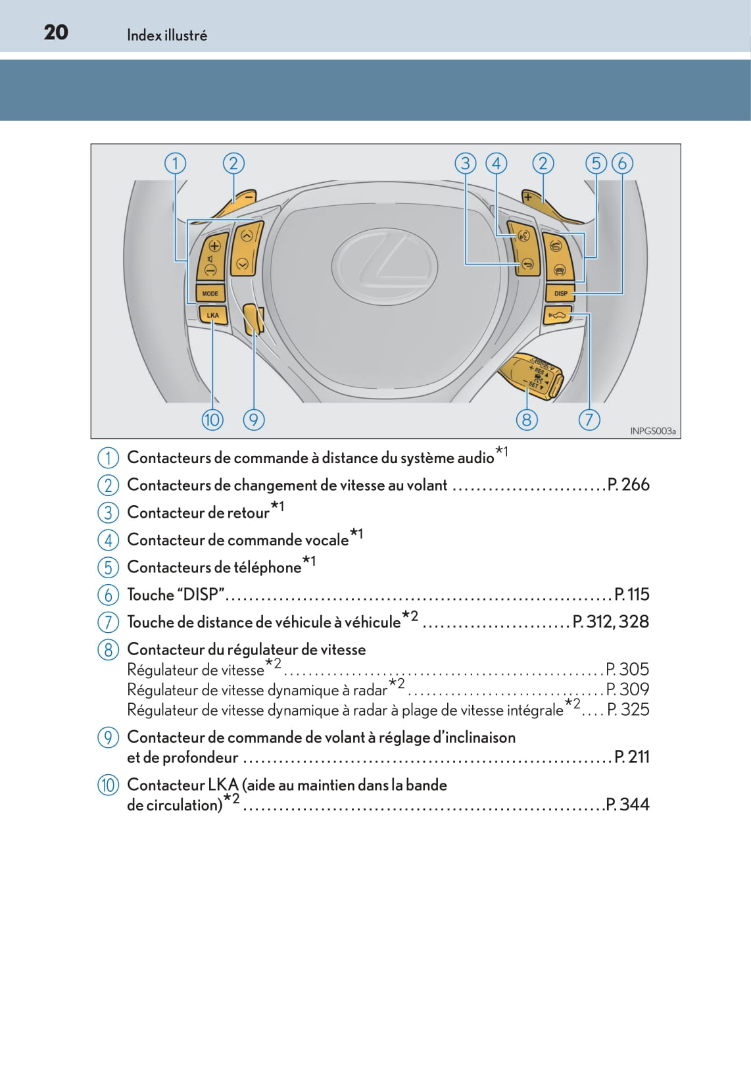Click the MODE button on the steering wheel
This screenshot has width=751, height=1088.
pyautogui.click(x=210, y=293)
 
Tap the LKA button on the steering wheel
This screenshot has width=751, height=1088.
pyautogui.click(x=212, y=315)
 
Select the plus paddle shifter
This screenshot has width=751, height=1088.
pyautogui.click(x=543, y=203)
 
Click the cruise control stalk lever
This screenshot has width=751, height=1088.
pyautogui.click(x=531, y=374)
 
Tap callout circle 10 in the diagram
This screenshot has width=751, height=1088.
pyautogui.click(x=212, y=420)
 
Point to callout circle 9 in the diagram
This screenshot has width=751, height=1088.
pyautogui.click(x=254, y=420)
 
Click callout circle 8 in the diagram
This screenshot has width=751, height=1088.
pyautogui.click(x=526, y=420)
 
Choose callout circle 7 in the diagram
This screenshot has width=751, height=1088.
pyautogui.click(x=589, y=420)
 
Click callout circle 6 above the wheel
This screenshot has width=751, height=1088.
pyautogui.click(x=622, y=163)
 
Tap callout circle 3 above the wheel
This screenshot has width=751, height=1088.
pyautogui.click(x=466, y=163)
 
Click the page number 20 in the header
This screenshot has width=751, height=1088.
pyautogui.click(x=56, y=32)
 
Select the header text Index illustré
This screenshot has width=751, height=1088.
pyautogui.click(x=167, y=36)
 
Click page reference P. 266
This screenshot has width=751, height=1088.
pyautogui.click(x=629, y=485)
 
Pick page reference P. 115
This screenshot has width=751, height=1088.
pyautogui.click(x=632, y=595)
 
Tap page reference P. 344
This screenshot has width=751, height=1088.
pyautogui.click(x=627, y=804)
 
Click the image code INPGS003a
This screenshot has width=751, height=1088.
pyautogui.click(x=652, y=431)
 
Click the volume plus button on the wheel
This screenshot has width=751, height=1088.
pyautogui.click(x=214, y=246)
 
